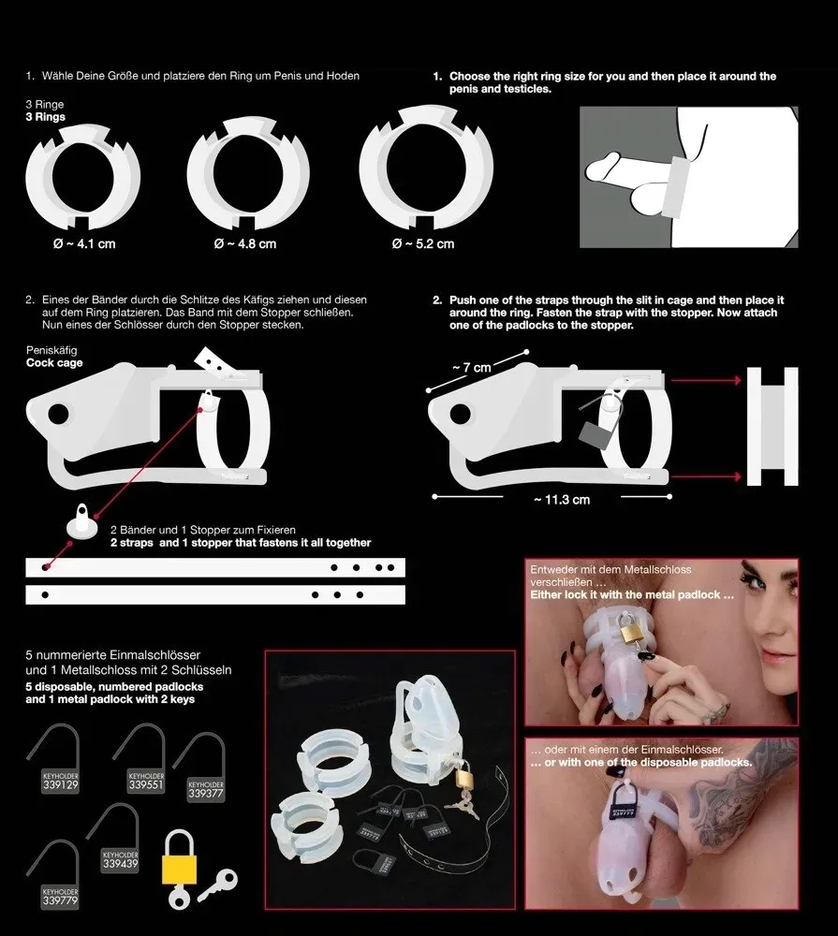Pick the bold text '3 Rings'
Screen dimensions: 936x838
[45, 119]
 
